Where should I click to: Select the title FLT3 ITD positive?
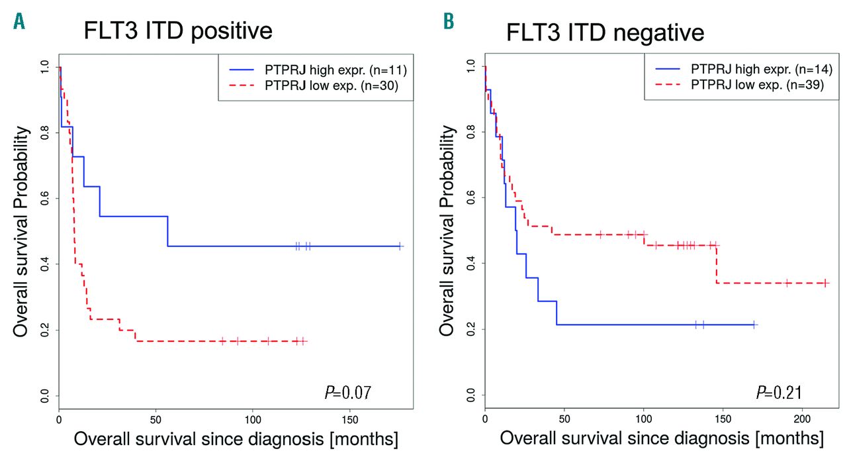(178, 32)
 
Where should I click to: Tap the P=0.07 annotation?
(347, 393)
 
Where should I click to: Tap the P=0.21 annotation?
(780, 393)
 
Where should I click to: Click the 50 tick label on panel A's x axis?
(156, 420)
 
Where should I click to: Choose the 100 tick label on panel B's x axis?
(644, 420)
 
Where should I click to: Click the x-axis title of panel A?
(236, 440)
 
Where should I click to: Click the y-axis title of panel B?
(449, 231)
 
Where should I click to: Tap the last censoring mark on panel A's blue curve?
(400, 246)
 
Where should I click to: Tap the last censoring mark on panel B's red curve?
(825, 283)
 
